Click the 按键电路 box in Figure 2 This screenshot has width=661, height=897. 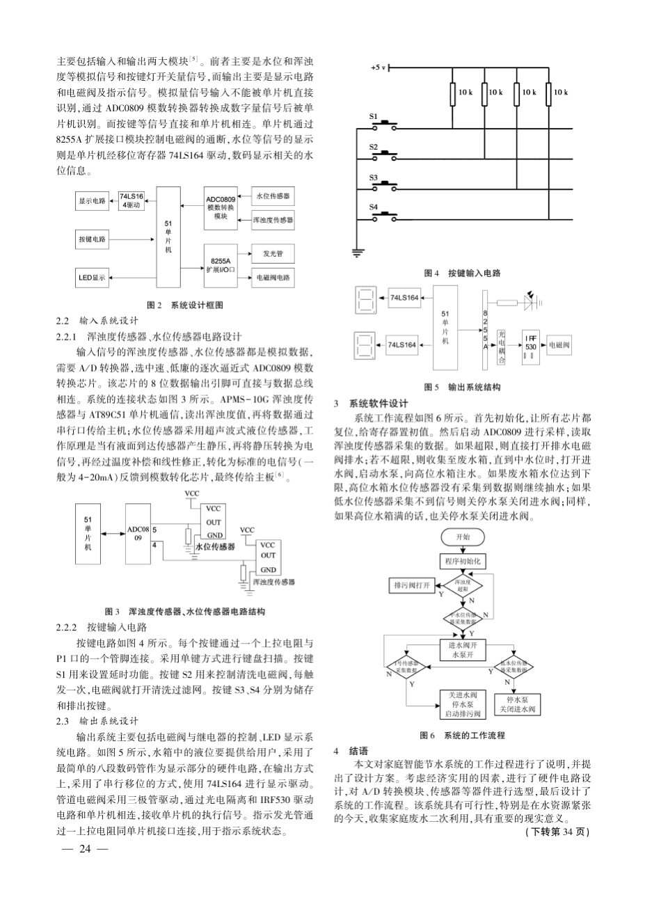click(x=93, y=239)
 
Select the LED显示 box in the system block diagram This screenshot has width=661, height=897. click(x=92, y=278)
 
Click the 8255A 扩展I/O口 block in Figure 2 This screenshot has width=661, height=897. click(x=221, y=262)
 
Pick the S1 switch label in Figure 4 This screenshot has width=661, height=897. click(x=373, y=118)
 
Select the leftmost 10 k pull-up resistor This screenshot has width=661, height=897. click(x=454, y=93)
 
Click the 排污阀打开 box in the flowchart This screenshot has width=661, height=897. click(x=412, y=585)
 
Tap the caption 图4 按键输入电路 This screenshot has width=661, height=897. click(x=463, y=273)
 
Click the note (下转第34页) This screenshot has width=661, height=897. click(x=557, y=832)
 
